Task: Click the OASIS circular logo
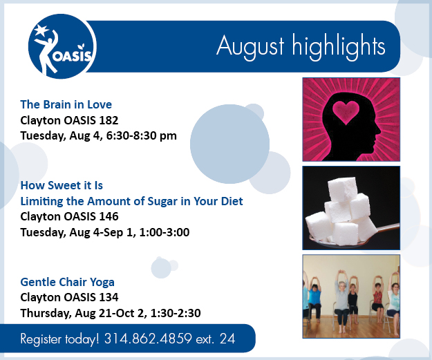[62, 46]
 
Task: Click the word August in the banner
[250, 47]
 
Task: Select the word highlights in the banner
[338, 46]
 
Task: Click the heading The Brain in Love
[66, 104]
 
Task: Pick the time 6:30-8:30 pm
[141, 135]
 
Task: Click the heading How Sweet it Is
[62, 185]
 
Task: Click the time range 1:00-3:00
[165, 232]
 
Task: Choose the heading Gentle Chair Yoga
[68, 283]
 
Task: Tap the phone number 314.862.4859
[148, 339]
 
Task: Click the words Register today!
[59, 339]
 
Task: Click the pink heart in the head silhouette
[346, 111]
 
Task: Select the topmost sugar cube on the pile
[343, 189]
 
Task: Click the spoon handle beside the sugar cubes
[386, 228]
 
